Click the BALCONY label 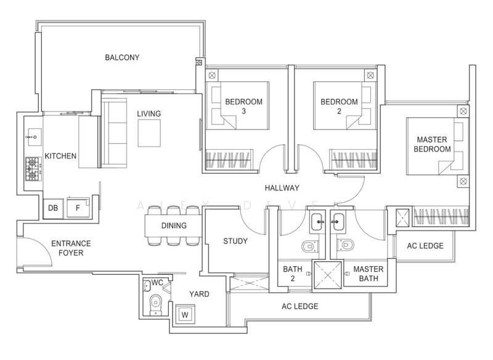coord(122,57)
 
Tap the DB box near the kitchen coord(53,208)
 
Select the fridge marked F coord(78,208)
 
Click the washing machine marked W coord(185,314)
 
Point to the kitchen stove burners coord(33,169)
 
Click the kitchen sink coord(34,137)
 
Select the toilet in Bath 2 coord(310,246)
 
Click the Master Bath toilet coord(345,245)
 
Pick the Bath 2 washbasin coord(317,222)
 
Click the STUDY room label coord(235,241)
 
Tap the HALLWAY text coord(282,188)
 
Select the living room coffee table coord(149,133)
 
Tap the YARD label coord(199,294)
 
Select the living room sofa coord(114,133)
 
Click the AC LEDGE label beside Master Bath coord(425,246)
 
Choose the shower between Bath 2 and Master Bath coord(328,274)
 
